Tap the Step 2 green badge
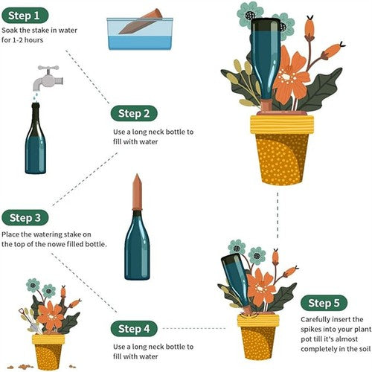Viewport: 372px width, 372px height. pos(135,114)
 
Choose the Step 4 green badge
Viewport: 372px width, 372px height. pos(135,328)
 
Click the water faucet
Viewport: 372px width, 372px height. pos(46,77)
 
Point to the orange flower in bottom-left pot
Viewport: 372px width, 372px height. pos(51,315)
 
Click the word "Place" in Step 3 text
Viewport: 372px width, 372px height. pos(13,234)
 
